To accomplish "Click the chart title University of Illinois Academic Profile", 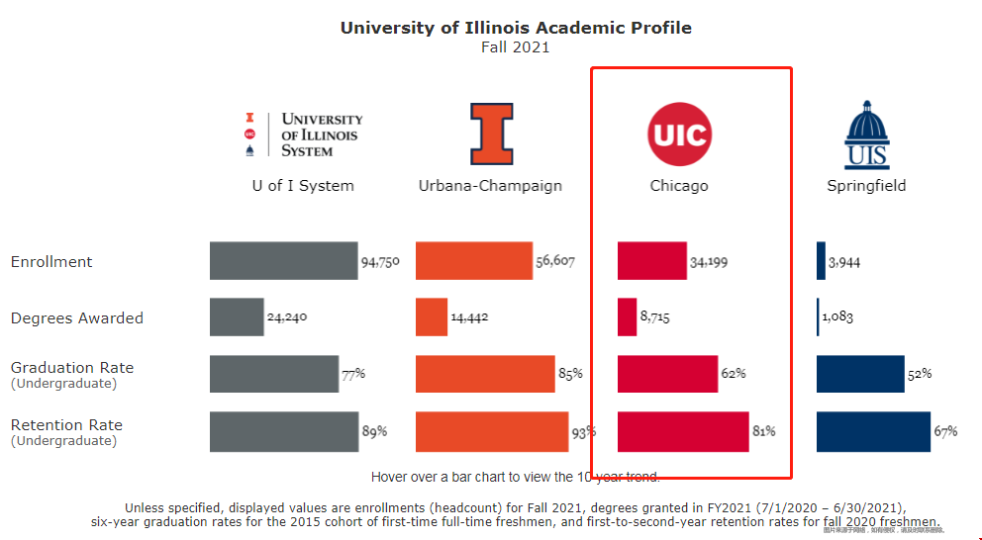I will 515,28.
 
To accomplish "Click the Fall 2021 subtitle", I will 515,47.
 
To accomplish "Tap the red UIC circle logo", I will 679,133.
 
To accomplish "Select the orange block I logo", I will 491,134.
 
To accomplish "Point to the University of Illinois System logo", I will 303,135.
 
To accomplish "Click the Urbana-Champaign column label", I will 490,186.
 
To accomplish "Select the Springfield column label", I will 866,186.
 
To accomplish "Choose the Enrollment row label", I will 51,262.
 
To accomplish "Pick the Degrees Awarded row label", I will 77,318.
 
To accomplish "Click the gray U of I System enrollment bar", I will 283,260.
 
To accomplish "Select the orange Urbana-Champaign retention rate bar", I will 492,432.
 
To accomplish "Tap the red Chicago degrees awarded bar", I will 627,316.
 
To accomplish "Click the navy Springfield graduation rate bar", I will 860,374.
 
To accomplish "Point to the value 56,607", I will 555,262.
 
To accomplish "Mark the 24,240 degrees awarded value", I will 288,318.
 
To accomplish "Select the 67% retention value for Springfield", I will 945,431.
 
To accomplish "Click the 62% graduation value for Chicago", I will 734,374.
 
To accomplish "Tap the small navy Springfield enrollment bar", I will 821,260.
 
